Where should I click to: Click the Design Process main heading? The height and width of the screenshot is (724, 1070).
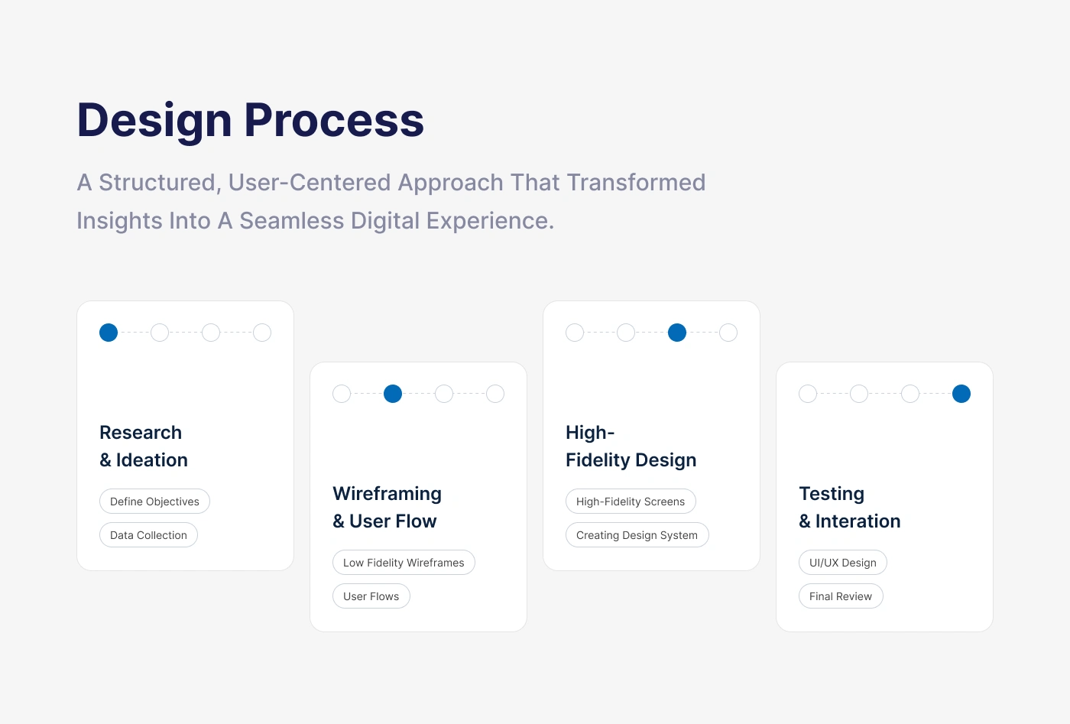pos(251,121)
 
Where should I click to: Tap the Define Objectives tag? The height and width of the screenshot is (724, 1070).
pos(154,502)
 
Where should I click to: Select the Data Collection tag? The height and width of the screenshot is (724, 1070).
pos(148,534)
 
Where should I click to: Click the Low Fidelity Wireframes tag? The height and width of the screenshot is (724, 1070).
pos(404,563)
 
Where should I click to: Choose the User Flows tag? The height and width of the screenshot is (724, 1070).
pos(371,596)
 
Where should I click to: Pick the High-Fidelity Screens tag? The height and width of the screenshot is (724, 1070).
pos(631,502)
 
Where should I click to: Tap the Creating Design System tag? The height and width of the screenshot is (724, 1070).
pos(637,534)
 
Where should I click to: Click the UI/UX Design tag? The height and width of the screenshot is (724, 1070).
pos(842,563)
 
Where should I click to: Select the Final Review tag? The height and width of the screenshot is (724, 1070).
pos(841,596)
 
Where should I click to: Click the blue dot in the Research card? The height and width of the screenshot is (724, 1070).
pos(109,333)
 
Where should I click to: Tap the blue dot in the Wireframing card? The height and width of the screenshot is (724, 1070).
pos(393,394)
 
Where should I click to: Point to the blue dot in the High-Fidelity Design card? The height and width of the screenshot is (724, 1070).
pos(677,333)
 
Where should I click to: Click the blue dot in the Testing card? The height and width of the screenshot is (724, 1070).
pos(961,394)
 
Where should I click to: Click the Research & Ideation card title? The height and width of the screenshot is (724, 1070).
pos(144,446)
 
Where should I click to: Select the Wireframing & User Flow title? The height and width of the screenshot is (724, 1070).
pos(387,508)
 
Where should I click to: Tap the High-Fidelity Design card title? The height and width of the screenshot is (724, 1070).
pos(631,446)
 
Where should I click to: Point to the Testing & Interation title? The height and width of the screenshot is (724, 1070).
pos(850,508)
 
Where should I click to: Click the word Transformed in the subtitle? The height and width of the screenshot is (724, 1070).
pos(636,183)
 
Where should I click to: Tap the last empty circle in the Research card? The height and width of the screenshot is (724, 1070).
pos(261,333)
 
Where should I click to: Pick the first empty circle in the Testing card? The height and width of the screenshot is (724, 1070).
pos(808,394)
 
